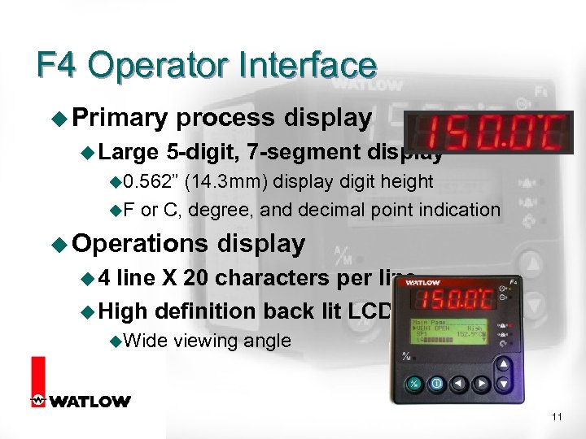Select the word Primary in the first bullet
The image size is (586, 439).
(118, 118)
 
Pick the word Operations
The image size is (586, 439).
(140, 243)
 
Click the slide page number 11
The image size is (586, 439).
(557, 417)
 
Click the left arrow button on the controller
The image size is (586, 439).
(459, 383)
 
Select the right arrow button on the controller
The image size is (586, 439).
(482, 383)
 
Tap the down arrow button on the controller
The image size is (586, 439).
(505, 383)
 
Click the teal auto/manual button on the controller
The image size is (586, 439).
(413, 383)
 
